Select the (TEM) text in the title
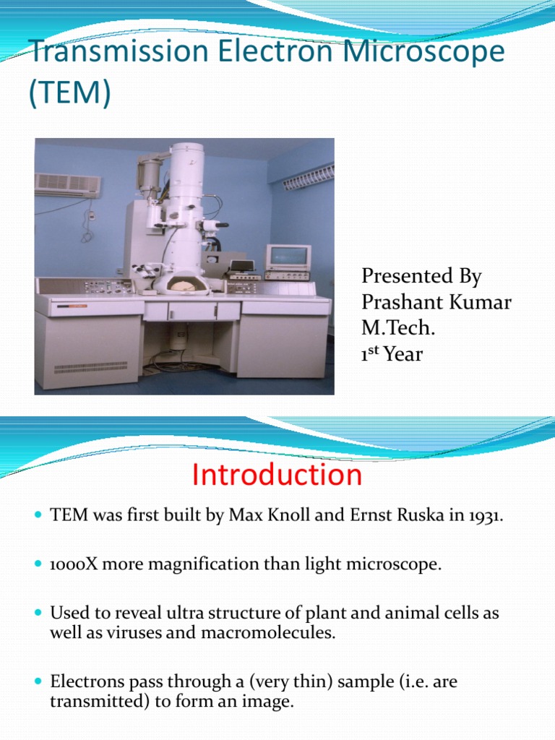[70, 94]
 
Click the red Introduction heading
[277, 476]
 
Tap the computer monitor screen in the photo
[287, 256]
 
